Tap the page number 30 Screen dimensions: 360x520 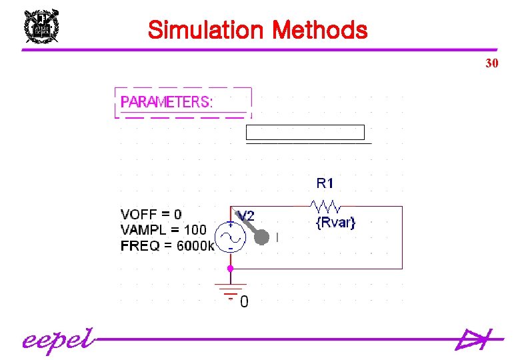coord(492,64)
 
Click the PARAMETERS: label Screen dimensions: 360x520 coord(167,102)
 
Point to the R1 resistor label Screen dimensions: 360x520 coord(325,182)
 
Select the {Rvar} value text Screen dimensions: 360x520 coord(335,223)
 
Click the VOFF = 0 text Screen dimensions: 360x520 coord(151,214)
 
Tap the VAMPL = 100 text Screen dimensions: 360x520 coord(163,230)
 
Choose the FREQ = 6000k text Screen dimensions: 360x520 coord(167,245)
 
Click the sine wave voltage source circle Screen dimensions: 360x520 coord(230,237)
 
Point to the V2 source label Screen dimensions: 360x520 coord(246,216)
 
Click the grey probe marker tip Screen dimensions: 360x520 coord(263,237)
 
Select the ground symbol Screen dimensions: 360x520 coord(229,291)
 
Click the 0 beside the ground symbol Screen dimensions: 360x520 coord(244,302)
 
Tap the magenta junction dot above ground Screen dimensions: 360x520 coord(229,268)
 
